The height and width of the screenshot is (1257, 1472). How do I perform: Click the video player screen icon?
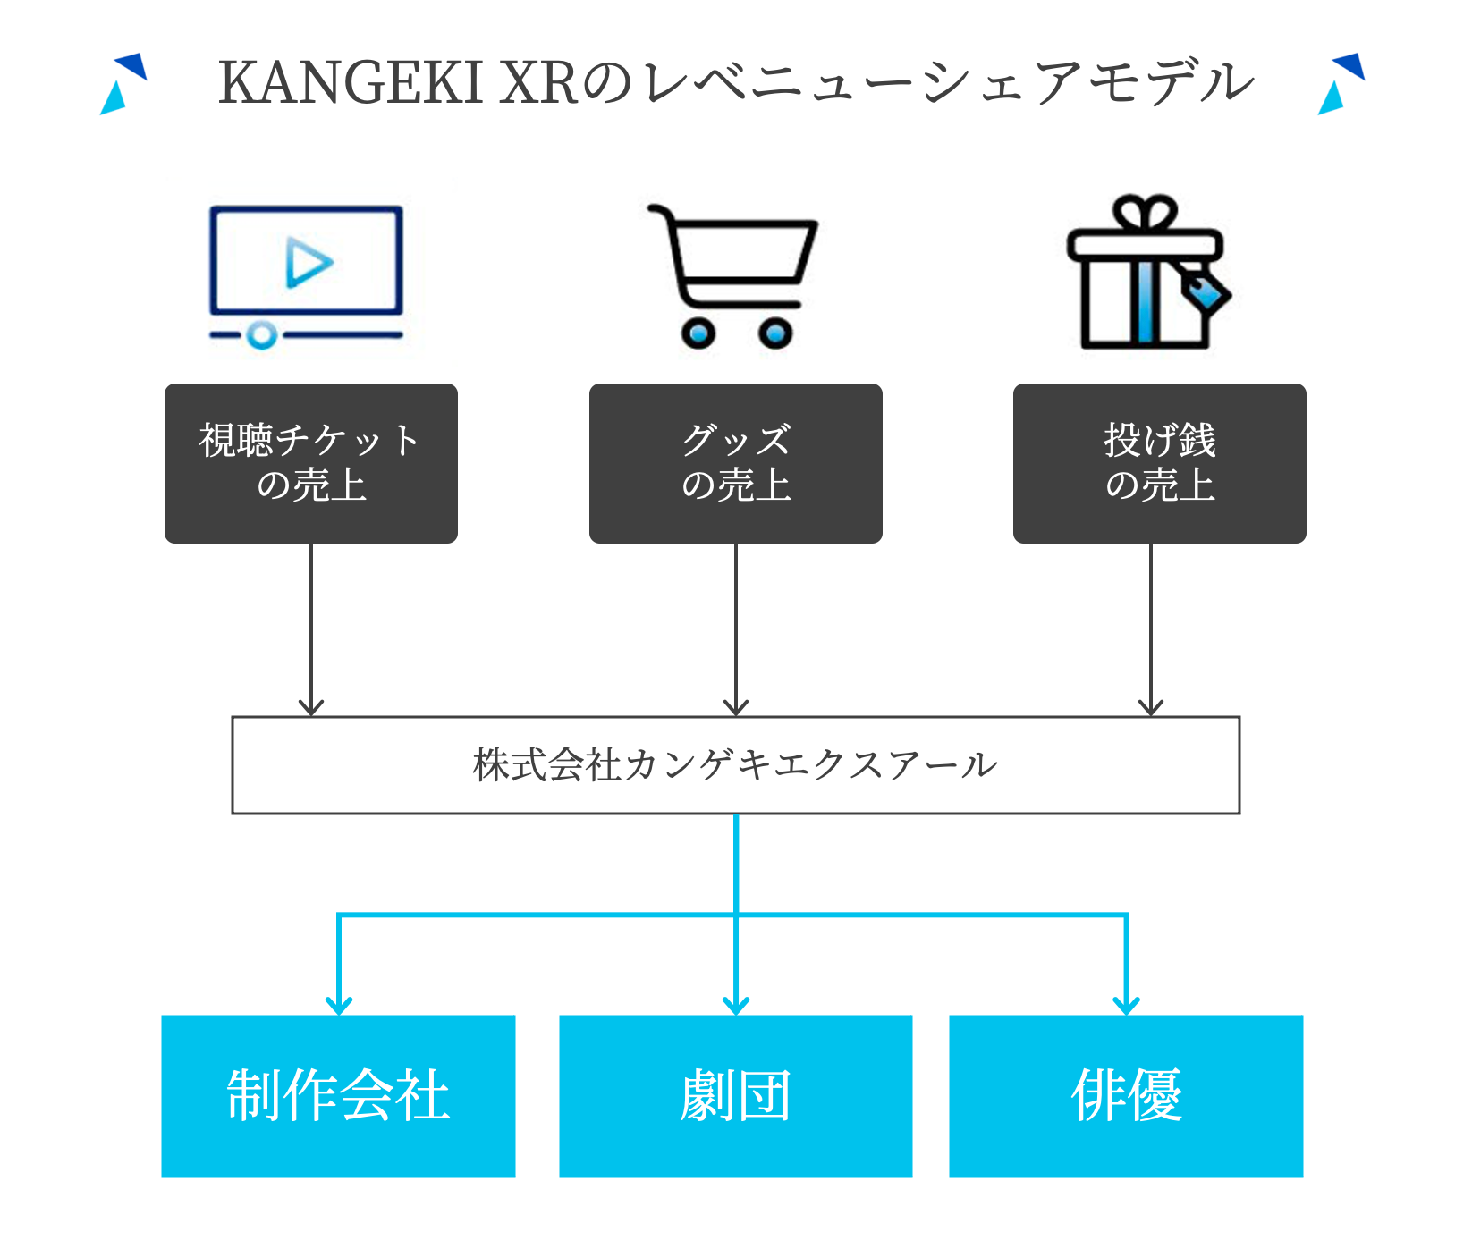click(x=306, y=261)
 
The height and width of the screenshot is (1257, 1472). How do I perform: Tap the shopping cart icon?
click(x=733, y=273)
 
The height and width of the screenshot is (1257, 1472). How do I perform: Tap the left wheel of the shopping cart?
click(x=698, y=333)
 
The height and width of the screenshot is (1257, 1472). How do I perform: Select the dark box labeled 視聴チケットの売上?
click(x=310, y=463)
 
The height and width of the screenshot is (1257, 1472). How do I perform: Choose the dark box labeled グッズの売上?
click(x=735, y=463)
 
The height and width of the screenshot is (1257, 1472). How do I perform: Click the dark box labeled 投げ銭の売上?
click(x=1159, y=463)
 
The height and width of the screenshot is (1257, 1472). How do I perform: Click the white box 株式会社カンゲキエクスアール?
click(x=735, y=764)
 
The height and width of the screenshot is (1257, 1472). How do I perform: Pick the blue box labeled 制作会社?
click(x=338, y=1095)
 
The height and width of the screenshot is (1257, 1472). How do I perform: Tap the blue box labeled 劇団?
click(x=735, y=1095)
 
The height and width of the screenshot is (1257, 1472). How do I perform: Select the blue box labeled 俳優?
click(x=1125, y=1095)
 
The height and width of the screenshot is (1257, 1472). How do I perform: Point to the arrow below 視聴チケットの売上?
click(x=310, y=626)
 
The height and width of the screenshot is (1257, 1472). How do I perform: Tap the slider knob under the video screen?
click(x=261, y=335)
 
